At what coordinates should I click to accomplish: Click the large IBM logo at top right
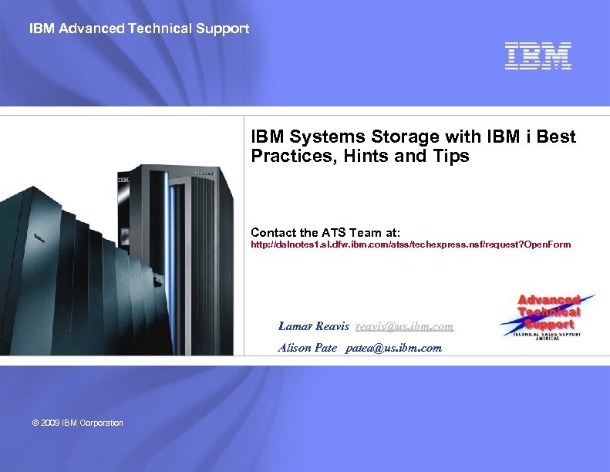point(538,56)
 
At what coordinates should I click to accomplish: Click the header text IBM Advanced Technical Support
point(139,29)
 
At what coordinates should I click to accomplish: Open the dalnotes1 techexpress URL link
point(411,245)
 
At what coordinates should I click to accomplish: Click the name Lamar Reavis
point(313,326)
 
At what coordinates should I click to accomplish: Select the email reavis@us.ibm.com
point(404,326)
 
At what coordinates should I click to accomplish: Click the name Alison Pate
point(307,348)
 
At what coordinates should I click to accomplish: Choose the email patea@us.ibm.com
point(393,348)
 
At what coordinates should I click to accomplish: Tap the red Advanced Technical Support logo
point(548,315)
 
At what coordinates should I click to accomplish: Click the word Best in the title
point(556,137)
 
